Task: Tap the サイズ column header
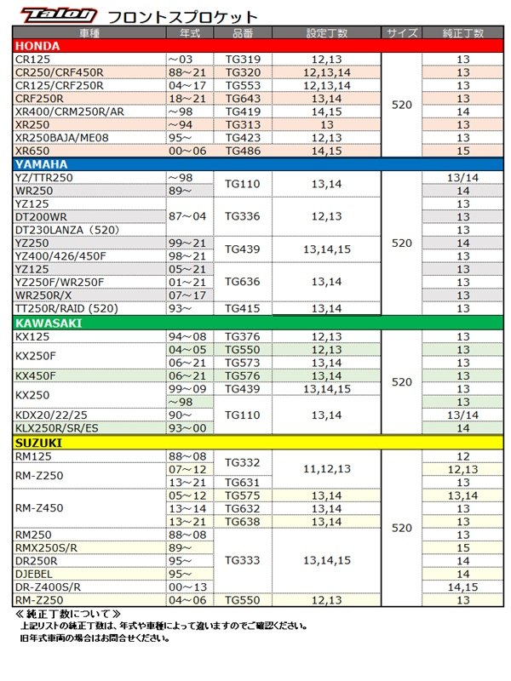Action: click(402, 32)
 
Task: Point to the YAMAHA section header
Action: click(41, 163)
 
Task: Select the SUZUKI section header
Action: click(39, 443)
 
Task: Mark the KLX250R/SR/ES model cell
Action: click(57, 428)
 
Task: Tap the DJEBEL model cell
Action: click(36, 575)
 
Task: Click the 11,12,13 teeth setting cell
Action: click(327, 469)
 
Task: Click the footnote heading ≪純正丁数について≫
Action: click(69, 613)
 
